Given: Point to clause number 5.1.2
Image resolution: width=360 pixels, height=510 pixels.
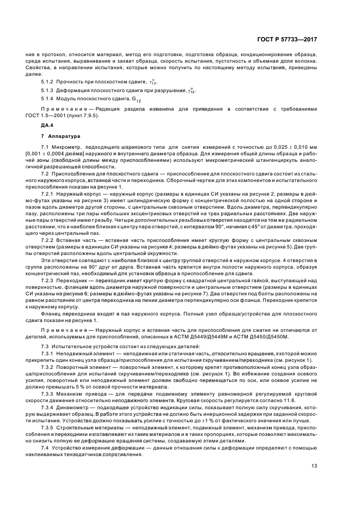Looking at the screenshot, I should tap(48, 82).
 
